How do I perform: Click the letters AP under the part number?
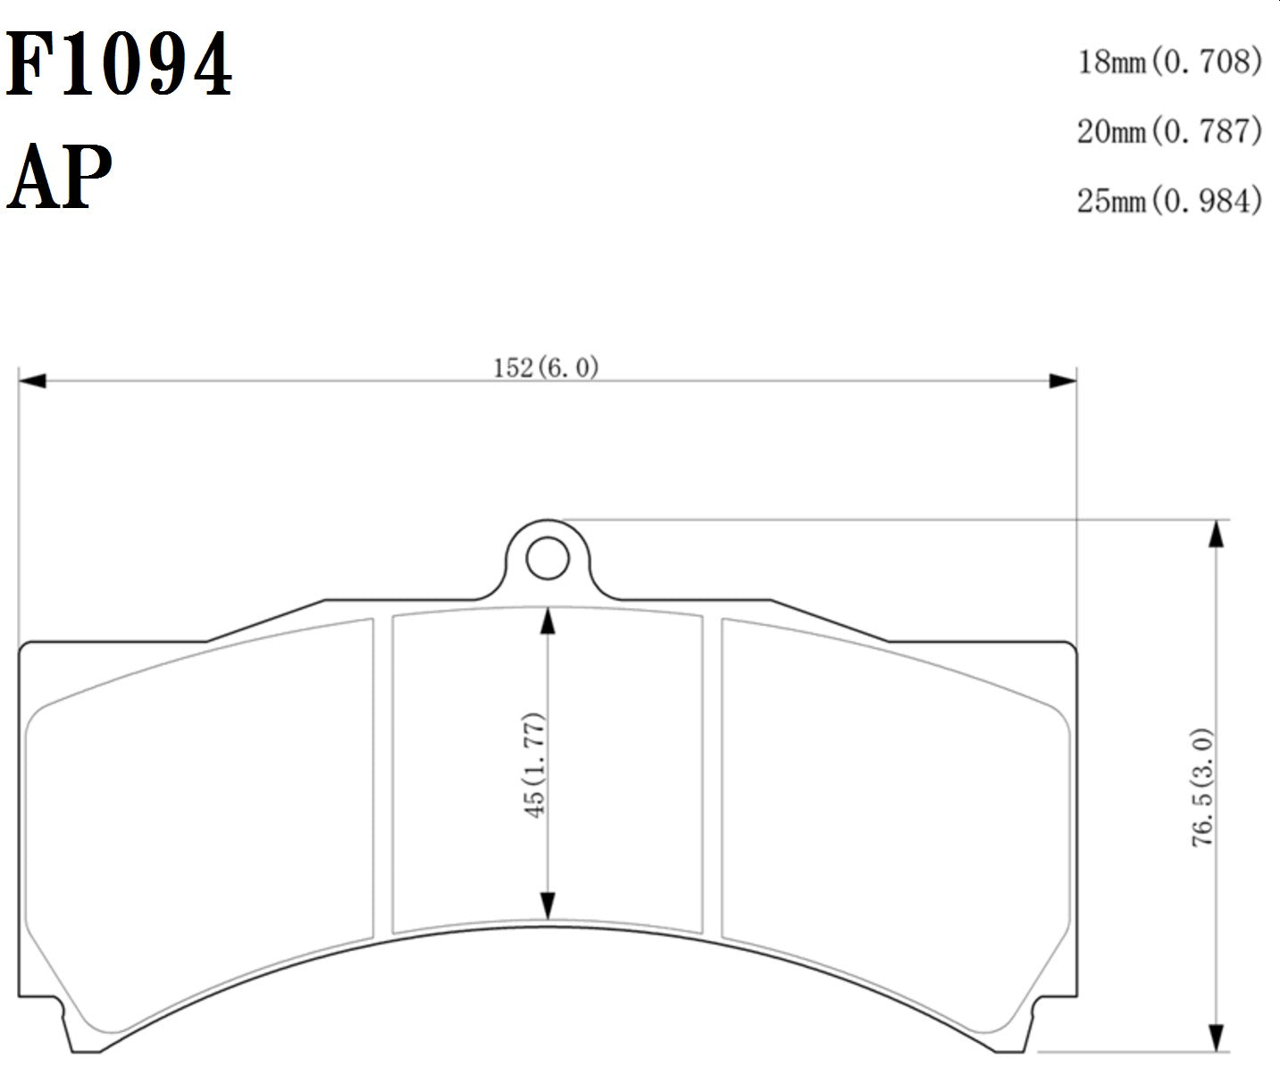click(x=60, y=176)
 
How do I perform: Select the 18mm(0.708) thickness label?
click(x=1169, y=62)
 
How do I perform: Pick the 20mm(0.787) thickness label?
click(x=1169, y=131)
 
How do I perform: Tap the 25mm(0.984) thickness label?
click(x=1169, y=200)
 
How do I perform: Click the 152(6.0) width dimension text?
click(x=546, y=367)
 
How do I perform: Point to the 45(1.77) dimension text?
click(x=534, y=764)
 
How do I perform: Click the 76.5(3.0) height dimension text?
click(x=1202, y=787)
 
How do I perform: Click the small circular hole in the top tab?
click(x=548, y=560)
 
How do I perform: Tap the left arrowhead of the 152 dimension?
click(x=32, y=381)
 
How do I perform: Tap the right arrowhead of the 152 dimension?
click(x=1063, y=381)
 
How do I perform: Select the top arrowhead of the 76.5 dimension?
click(x=1215, y=533)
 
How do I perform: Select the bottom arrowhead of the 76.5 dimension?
click(x=1215, y=1038)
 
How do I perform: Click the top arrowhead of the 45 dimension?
click(x=548, y=621)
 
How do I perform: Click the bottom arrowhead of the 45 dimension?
click(x=548, y=905)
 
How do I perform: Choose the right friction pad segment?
click(x=893, y=821)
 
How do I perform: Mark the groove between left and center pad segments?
click(x=382, y=777)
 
